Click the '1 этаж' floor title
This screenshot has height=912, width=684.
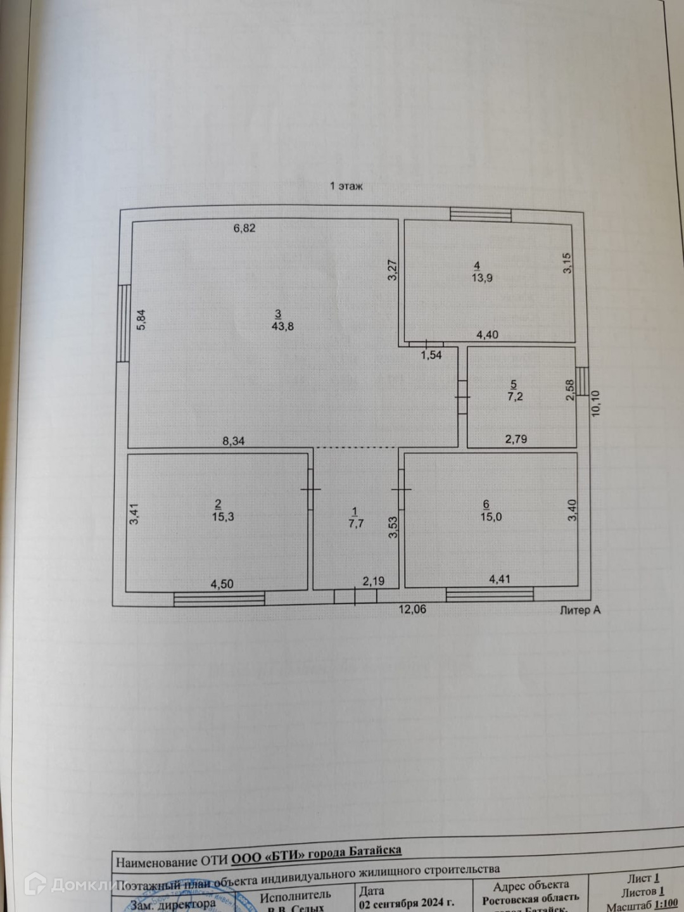346,186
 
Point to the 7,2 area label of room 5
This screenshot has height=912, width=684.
514,396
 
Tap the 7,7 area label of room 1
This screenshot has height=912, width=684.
356,524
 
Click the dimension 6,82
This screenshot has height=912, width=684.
244,228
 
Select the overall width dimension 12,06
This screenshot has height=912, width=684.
412,609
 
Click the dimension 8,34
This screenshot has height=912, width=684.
233,441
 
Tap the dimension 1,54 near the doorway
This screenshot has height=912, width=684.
431,355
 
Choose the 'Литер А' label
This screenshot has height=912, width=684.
579,611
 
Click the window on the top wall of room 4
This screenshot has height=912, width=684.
481,215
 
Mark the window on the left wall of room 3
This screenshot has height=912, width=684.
124,323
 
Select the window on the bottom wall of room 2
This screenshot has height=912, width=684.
219,598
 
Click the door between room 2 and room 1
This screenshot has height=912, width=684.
310,490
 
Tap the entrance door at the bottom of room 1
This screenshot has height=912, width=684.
355,596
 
